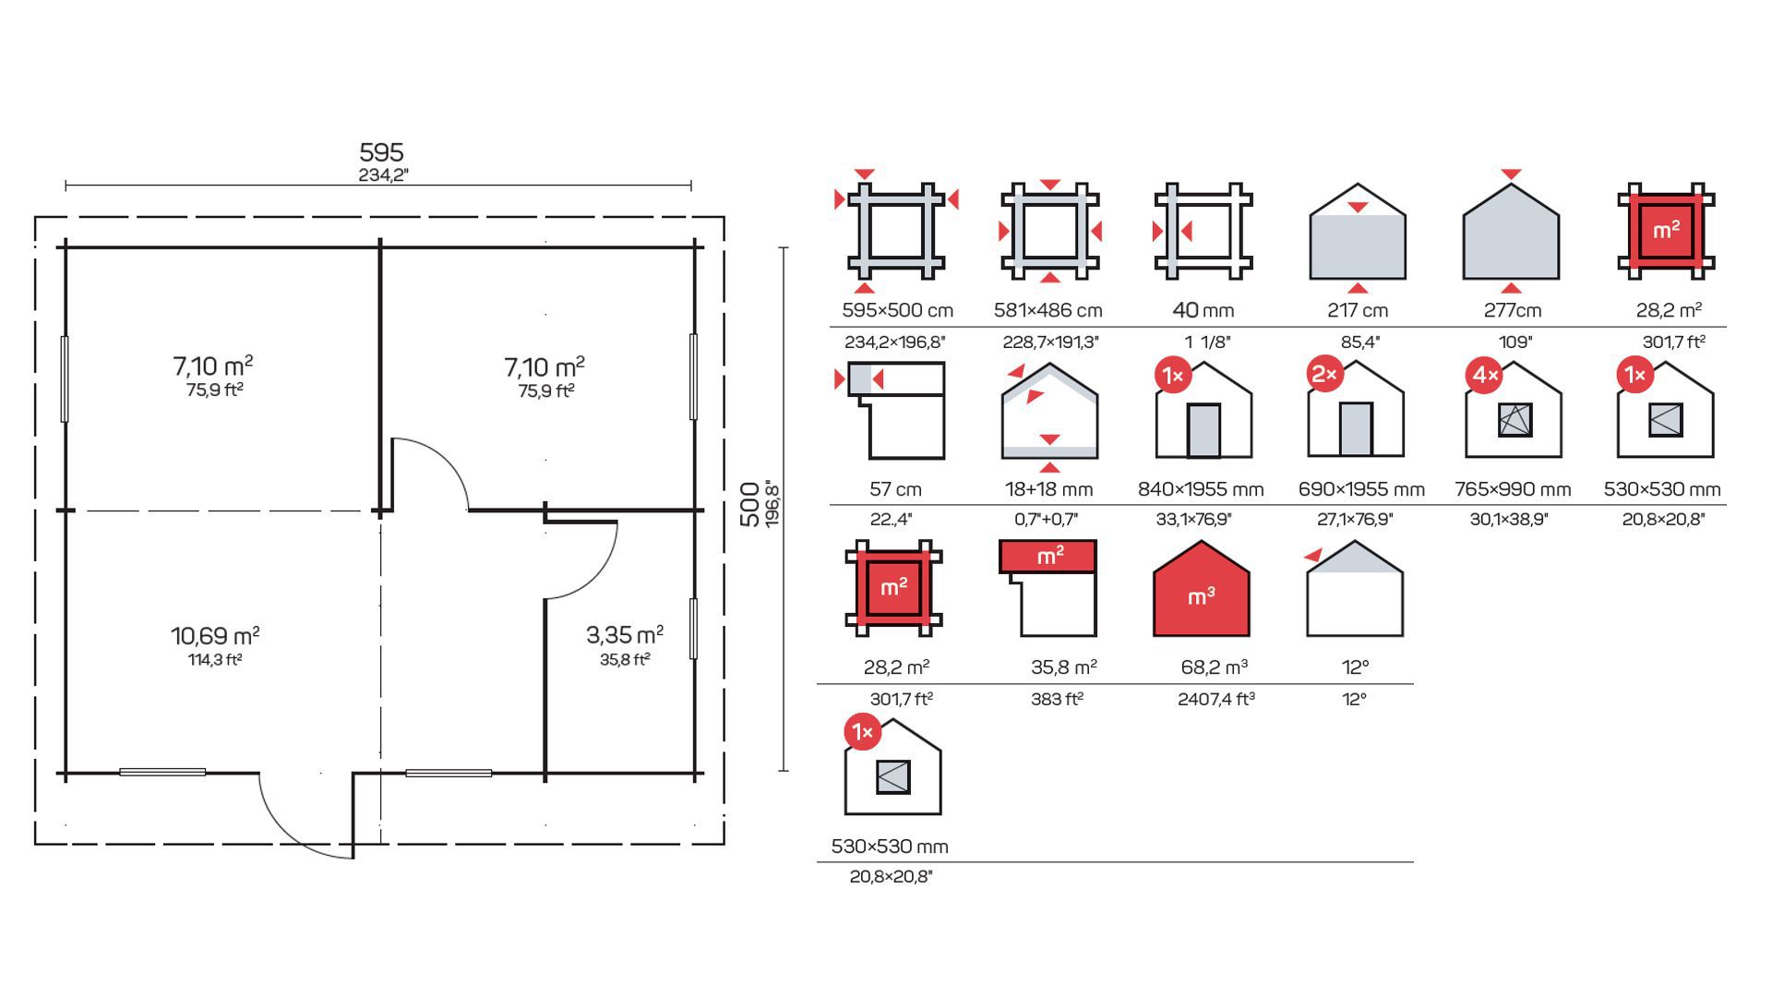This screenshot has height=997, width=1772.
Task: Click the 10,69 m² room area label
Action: [215, 635]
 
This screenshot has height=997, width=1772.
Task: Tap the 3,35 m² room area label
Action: [625, 634]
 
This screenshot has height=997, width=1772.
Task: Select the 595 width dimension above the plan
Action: [381, 152]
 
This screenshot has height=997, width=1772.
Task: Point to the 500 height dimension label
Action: [750, 504]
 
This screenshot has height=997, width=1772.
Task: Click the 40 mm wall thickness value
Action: [1203, 310]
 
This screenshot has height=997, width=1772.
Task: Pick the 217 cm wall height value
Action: [1358, 310]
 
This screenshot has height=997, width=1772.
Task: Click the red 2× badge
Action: [1326, 374]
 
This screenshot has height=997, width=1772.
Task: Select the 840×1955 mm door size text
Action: [1201, 489]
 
